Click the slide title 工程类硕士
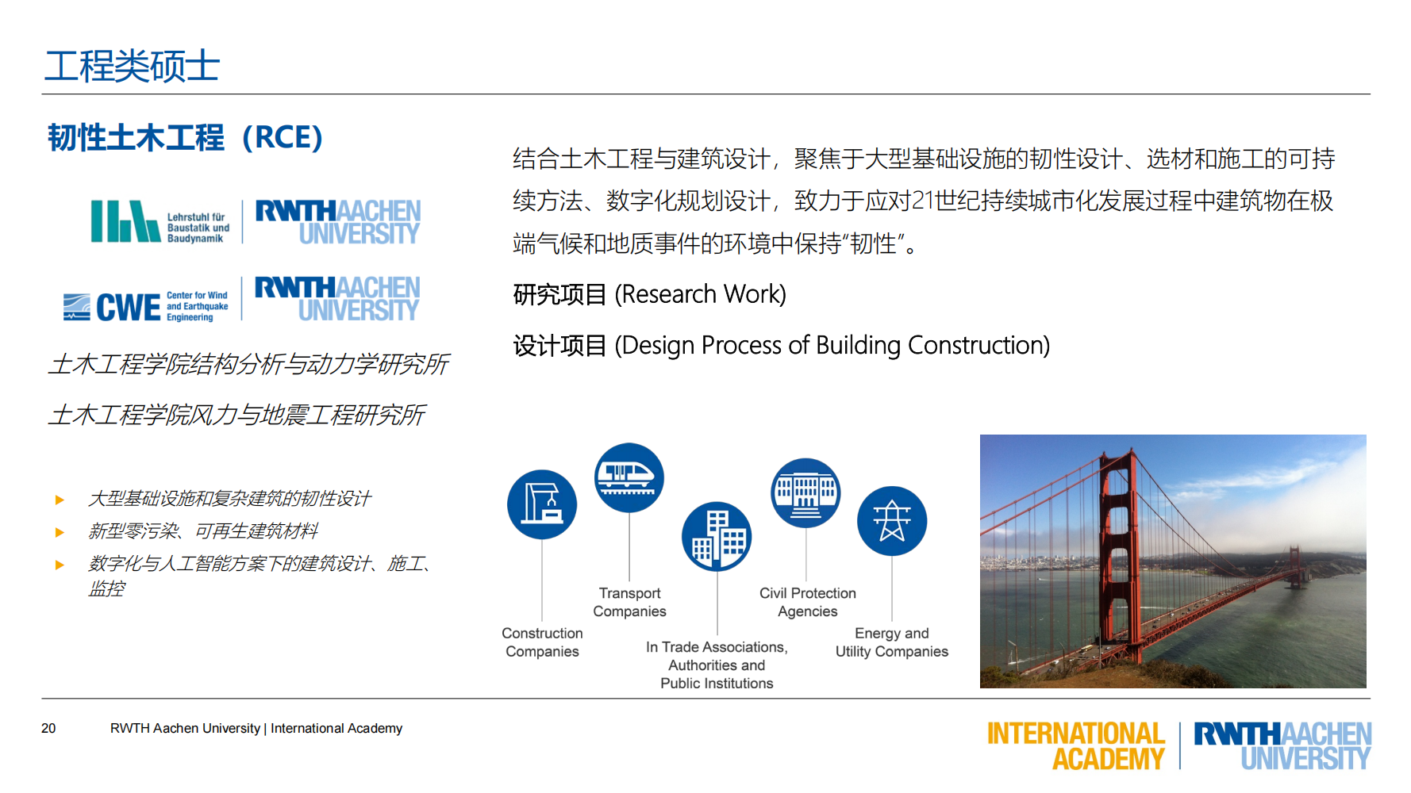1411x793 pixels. click(132, 66)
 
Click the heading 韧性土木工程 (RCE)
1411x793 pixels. click(185, 138)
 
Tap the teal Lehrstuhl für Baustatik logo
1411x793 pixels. click(125, 221)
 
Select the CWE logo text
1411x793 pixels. click(128, 307)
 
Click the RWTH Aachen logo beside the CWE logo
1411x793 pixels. click(337, 298)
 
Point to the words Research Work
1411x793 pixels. click(701, 294)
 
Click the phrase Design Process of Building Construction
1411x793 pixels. click(833, 346)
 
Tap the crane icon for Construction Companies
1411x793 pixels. click(542, 505)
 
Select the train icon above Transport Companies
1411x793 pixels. click(629, 477)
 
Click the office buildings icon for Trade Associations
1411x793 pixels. click(717, 537)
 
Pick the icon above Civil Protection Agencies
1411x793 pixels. click(805, 493)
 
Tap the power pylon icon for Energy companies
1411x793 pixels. click(892, 521)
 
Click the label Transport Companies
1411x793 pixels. click(629, 603)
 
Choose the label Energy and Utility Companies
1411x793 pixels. click(891, 643)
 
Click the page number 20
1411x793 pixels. click(48, 728)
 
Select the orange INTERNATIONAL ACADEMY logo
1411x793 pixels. click(1075, 745)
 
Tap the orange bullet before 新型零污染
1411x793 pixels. click(60, 532)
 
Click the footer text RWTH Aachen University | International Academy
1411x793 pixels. click(256, 728)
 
